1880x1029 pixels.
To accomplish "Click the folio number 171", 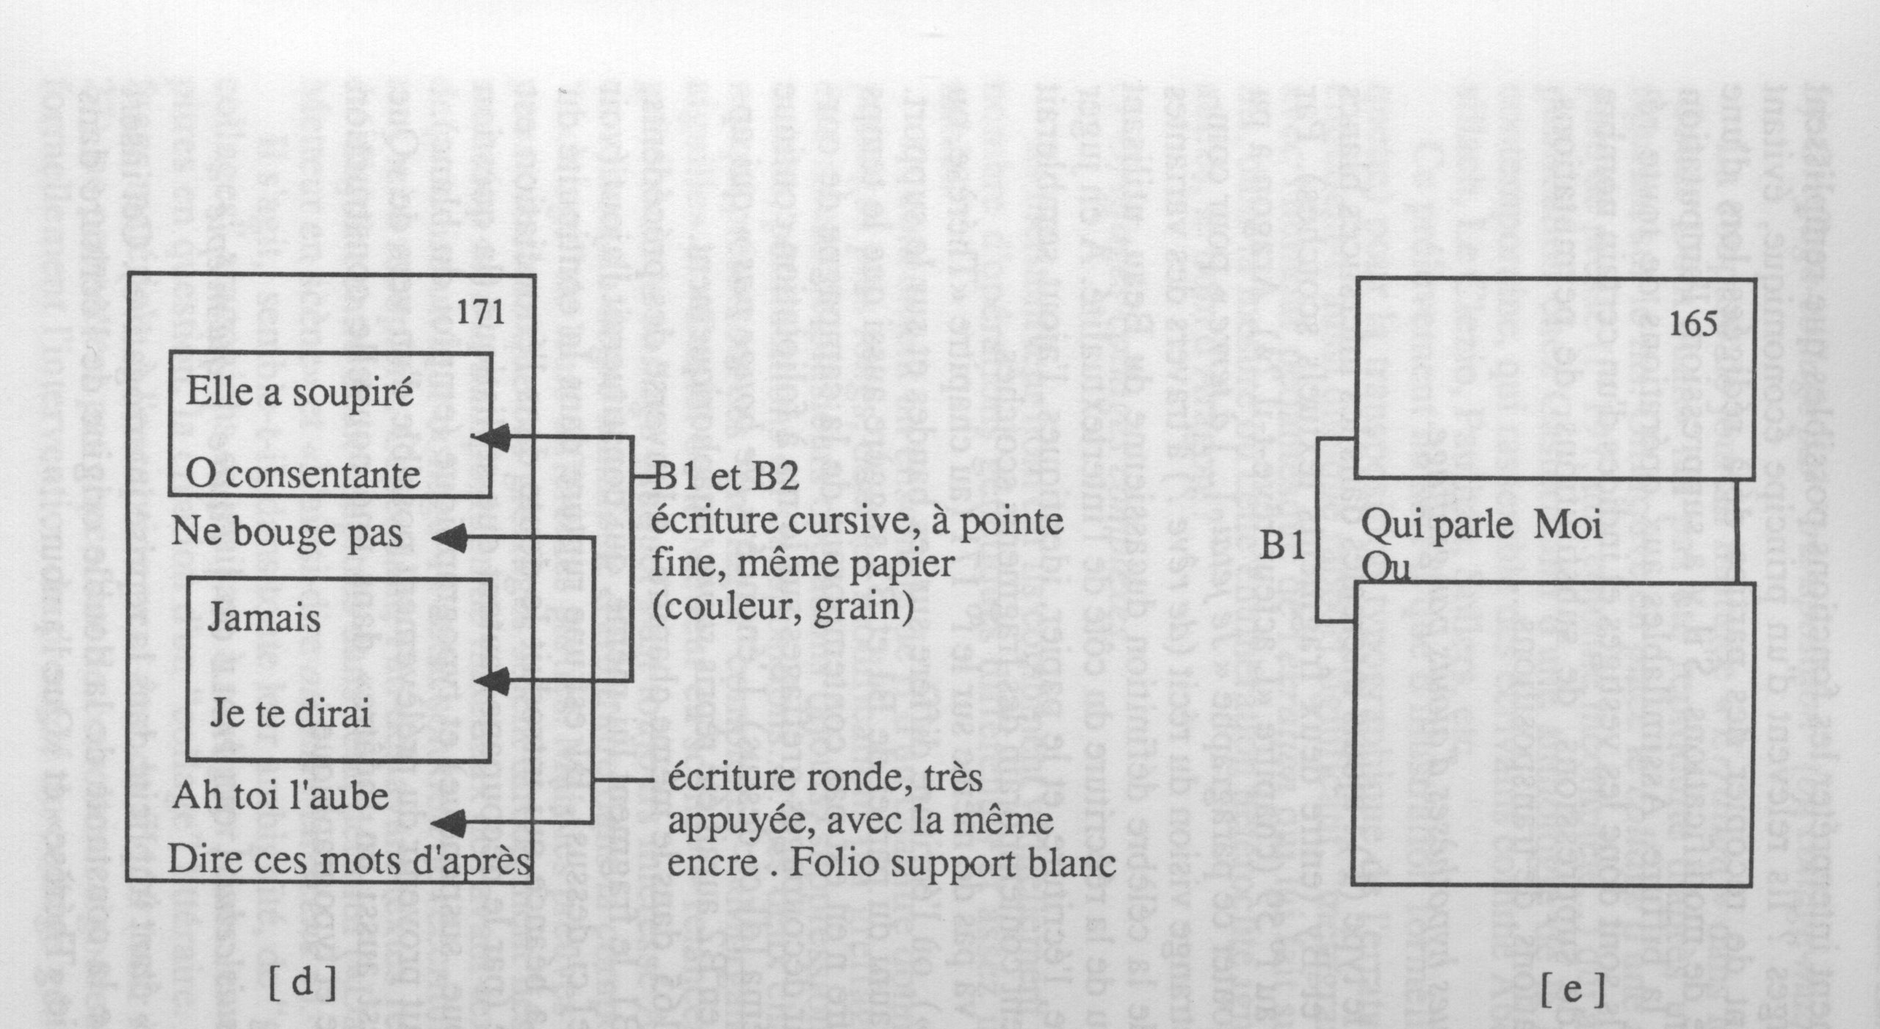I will click(480, 314).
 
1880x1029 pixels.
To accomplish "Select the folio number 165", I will click(1693, 325).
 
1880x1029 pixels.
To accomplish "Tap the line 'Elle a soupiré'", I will click(299, 393).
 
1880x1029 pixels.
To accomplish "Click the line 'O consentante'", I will click(303, 475).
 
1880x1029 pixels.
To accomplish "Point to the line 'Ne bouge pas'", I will click(287, 532).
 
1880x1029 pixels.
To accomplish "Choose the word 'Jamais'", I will click(264, 618).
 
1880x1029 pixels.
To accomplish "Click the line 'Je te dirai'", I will click(290, 713).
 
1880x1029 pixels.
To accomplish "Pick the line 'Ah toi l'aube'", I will click(280, 797).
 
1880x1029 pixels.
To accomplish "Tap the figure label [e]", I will click(1573, 991).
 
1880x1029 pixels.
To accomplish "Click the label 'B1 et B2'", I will click(725, 479).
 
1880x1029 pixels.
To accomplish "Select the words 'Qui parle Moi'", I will click(1480, 527).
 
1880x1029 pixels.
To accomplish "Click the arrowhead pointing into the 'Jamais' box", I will click(493, 682).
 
